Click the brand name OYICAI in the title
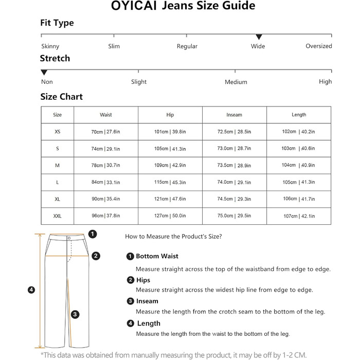coord(134,7)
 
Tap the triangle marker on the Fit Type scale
coord(259,37)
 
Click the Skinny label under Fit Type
coord(50,46)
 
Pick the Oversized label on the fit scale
coord(318,46)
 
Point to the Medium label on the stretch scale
coord(236,82)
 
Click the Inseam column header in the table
coord(234,115)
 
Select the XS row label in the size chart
coord(57,132)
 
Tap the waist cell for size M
coord(105,165)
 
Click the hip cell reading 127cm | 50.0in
coord(170,216)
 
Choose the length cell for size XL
coord(298,199)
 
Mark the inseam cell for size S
coord(234,149)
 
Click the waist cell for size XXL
coord(105,216)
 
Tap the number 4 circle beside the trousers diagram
coord(31,290)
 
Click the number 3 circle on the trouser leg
coord(75,314)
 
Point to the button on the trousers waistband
coord(69,238)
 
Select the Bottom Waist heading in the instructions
coord(157,256)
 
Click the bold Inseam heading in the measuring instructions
coord(147,301)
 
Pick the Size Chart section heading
coord(61,97)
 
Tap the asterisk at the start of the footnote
coord(42,354)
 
